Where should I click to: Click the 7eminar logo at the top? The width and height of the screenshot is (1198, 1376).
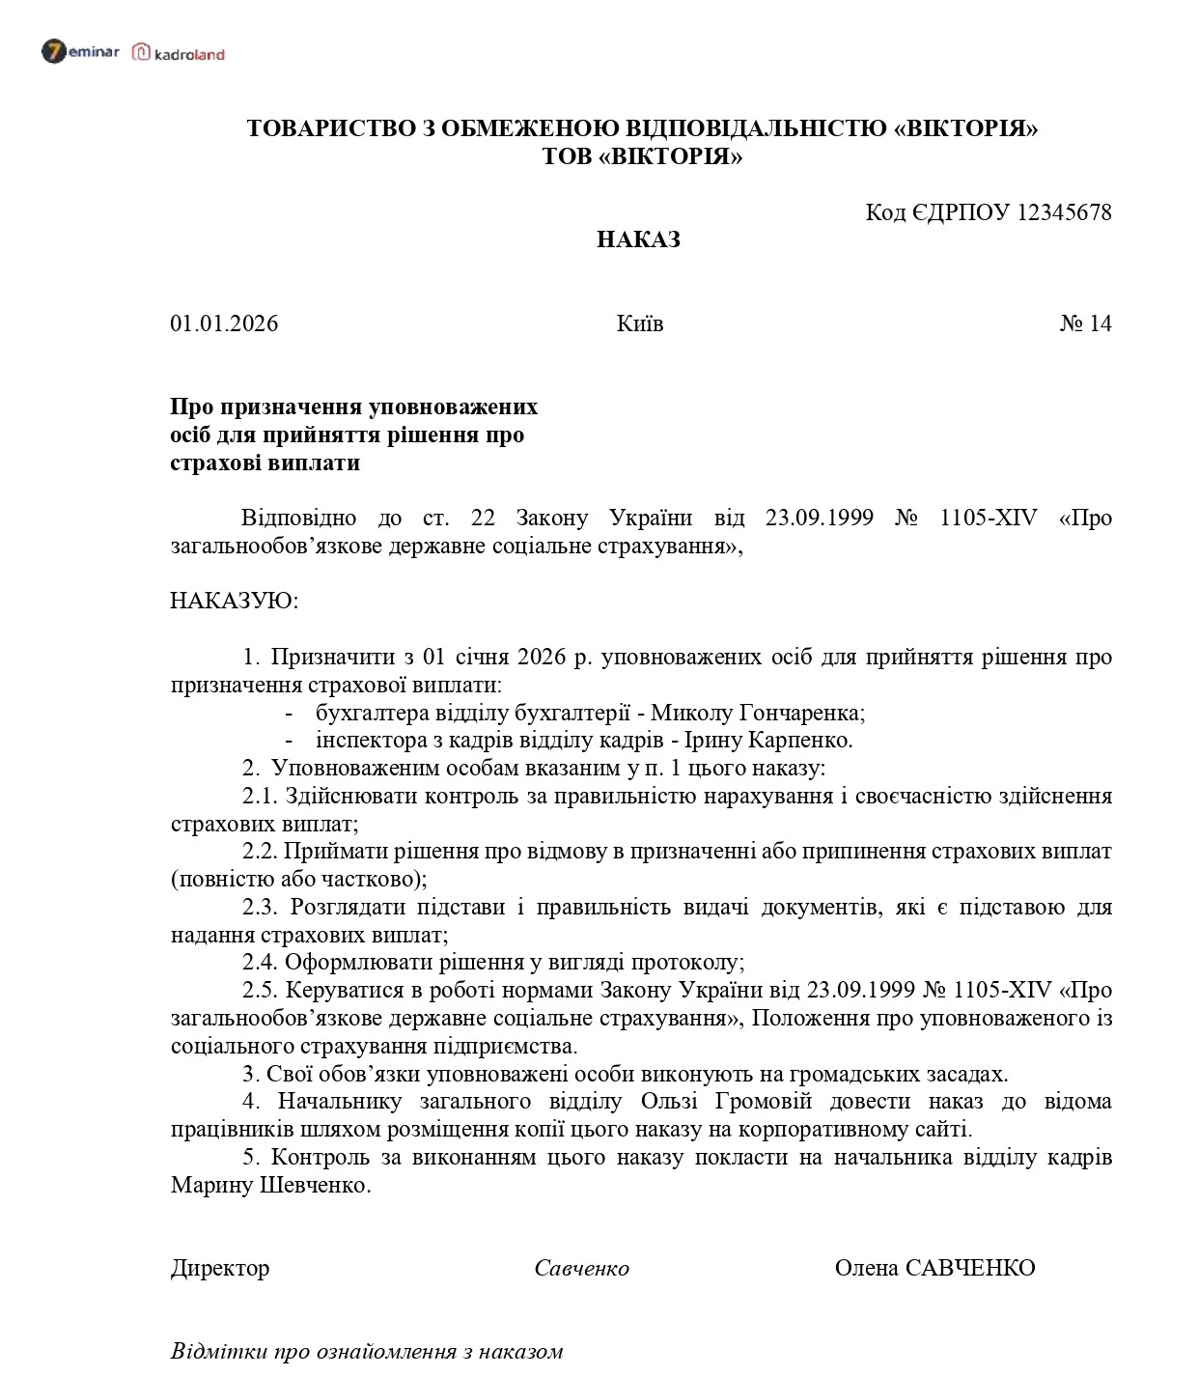tap(80, 52)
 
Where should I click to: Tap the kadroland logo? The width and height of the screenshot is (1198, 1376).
tap(179, 53)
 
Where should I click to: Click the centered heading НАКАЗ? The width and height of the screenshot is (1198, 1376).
tap(638, 239)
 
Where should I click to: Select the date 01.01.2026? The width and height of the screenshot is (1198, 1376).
tap(224, 323)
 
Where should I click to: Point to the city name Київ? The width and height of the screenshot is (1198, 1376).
tap(639, 323)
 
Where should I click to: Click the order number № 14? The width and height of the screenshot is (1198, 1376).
tap(1085, 323)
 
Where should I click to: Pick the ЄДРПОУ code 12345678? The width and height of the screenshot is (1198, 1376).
tap(1064, 212)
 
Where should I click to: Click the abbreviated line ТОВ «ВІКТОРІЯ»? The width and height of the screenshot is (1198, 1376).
tap(642, 156)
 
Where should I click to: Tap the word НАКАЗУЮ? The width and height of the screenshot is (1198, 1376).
tap(235, 601)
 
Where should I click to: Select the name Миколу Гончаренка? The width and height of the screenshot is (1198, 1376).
tap(757, 713)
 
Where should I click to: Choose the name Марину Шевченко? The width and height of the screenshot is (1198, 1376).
tap(270, 1185)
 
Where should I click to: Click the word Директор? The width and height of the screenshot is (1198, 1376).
tap(220, 1268)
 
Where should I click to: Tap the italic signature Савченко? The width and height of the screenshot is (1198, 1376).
tap(581, 1269)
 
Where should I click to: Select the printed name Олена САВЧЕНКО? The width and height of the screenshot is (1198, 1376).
tap(934, 1268)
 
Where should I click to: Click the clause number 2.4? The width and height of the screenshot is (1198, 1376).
tap(260, 963)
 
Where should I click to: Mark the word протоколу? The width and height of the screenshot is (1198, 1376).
tap(686, 963)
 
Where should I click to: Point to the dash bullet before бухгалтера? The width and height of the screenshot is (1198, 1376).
tap(289, 714)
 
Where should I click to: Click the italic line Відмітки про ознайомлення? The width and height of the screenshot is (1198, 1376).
tap(367, 1351)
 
